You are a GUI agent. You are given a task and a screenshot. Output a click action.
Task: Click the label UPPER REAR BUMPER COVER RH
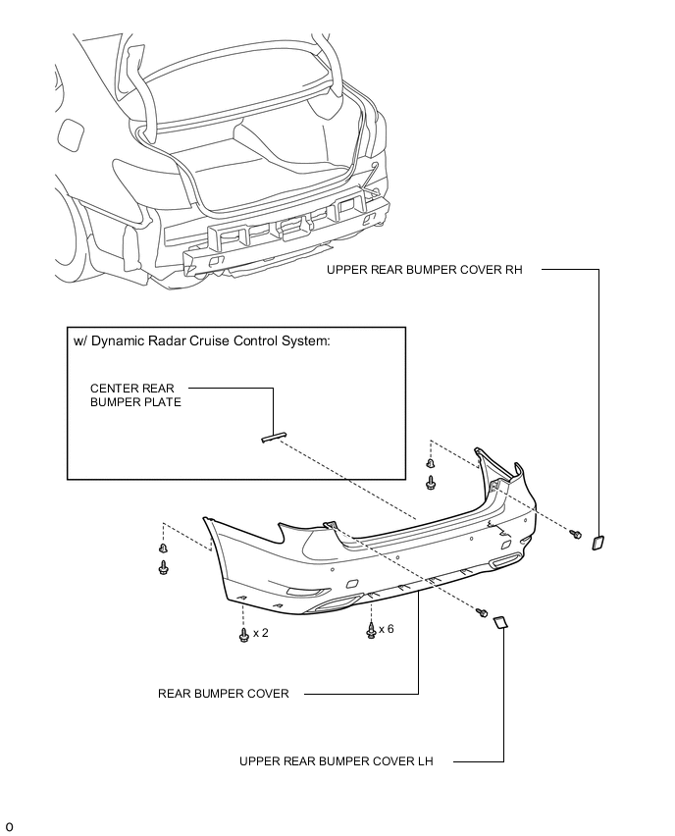[425, 270]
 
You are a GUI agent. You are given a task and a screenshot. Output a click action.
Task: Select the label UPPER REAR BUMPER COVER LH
[336, 761]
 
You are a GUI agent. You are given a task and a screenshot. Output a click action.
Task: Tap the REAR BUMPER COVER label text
[224, 694]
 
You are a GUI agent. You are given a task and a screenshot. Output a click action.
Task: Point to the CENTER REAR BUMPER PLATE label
[135, 395]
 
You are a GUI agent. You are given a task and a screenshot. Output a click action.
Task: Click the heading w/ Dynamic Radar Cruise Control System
[201, 341]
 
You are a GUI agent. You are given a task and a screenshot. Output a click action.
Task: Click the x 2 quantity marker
[261, 633]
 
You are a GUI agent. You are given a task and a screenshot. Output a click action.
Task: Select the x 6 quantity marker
[387, 629]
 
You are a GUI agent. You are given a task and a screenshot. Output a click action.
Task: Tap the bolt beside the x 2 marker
[244, 635]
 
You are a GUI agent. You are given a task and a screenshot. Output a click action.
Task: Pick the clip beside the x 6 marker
[371, 630]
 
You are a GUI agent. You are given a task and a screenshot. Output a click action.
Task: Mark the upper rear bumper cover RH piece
[597, 543]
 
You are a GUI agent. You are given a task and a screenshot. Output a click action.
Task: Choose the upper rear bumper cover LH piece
[500, 622]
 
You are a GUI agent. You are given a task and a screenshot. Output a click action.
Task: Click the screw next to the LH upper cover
[482, 612]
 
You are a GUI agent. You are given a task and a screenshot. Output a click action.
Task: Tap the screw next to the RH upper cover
[576, 533]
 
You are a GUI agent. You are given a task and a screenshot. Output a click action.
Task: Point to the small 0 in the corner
[9, 827]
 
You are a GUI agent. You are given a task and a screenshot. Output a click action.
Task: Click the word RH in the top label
[513, 270]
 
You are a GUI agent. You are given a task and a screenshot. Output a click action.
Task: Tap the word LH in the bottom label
[425, 761]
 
